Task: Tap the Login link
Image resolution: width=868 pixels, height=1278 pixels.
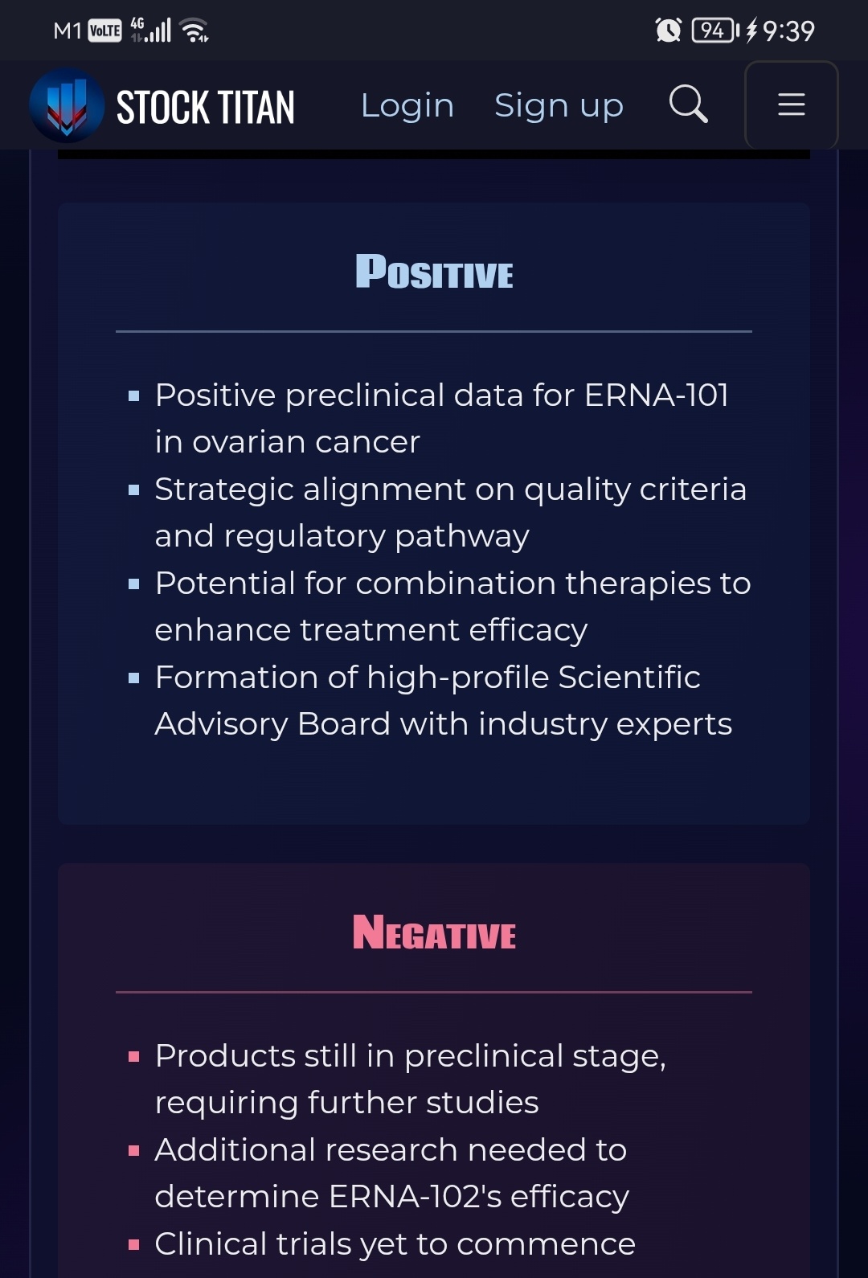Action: (407, 105)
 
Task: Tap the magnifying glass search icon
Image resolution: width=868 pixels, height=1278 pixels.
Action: (688, 104)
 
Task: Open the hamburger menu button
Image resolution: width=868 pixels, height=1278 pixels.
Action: (792, 105)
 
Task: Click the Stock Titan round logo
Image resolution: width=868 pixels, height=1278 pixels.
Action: (67, 105)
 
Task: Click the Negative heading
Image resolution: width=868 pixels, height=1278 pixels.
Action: (434, 932)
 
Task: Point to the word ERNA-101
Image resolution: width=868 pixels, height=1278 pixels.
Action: (657, 395)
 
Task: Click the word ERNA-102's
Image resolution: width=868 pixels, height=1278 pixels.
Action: (415, 1196)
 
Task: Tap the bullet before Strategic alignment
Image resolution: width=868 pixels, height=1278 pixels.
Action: (134, 489)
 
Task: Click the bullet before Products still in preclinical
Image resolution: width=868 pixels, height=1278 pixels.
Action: (134, 1057)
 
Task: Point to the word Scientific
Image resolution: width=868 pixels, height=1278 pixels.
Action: (629, 678)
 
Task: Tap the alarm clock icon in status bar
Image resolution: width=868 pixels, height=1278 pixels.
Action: (669, 31)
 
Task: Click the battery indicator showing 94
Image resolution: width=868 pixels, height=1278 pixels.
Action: (715, 31)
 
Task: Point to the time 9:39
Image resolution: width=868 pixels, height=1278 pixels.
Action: (788, 31)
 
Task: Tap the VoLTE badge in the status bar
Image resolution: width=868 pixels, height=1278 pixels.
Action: (105, 31)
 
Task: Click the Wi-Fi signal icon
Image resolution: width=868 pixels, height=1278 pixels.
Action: (194, 31)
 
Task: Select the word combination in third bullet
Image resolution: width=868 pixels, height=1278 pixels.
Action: (456, 583)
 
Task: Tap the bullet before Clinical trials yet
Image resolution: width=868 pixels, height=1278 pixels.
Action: (134, 1245)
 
